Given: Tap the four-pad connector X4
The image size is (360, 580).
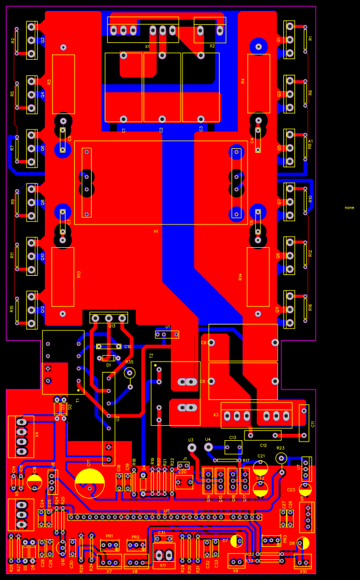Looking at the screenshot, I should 21,436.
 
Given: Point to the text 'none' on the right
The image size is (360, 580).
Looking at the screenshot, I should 350,207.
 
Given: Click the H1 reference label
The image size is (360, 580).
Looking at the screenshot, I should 156,231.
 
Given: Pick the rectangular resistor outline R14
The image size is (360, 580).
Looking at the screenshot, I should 258,276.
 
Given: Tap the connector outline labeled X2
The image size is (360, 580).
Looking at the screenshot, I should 211,30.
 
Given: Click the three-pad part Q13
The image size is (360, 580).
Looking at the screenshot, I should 109,318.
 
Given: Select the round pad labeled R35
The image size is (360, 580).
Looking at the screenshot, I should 129,373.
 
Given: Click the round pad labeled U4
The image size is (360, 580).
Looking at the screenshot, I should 209,447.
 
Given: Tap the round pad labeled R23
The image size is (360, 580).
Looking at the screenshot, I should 281,458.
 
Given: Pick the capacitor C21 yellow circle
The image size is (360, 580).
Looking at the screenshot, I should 260,468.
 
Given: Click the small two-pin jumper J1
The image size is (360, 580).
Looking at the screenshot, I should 184,466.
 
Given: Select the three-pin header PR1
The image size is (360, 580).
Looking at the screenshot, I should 109,545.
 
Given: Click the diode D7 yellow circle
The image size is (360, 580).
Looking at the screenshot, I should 235,540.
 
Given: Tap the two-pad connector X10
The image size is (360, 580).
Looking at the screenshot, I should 302,561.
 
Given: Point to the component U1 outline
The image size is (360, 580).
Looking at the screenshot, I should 167,334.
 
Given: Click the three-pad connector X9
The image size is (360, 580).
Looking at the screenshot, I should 237,560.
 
